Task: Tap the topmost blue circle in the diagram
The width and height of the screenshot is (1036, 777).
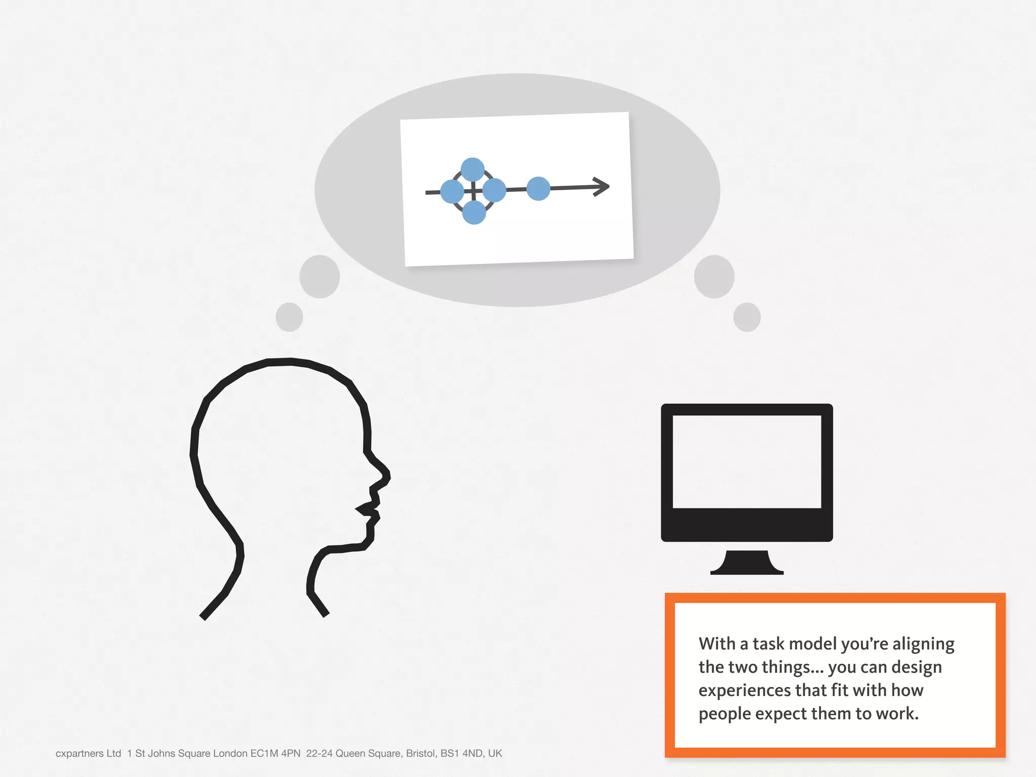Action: pyautogui.click(x=472, y=169)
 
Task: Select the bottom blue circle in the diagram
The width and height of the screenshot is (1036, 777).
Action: pyautogui.click(x=474, y=212)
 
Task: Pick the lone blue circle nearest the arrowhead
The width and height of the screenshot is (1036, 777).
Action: pyautogui.click(x=538, y=189)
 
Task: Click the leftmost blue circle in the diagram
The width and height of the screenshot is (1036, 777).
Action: pyautogui.click(x=452, y=192)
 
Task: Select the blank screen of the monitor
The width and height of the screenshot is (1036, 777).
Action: pyautogui.click(x=747, y=461)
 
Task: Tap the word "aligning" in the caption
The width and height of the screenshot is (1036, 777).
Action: pyautogui.click(x=923, y=644)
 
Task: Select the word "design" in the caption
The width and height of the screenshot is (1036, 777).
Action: pyautogui.click(x=916, y=667)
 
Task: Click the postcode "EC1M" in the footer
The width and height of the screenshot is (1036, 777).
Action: pyautogui.click(x=264, y=753)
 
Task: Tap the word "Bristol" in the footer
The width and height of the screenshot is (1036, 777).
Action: pyautogui.click(x=420, y=753)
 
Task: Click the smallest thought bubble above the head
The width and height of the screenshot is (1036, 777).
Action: pyautogui.click(x=289, y=317)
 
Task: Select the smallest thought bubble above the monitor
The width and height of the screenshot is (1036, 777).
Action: pyautogui.click(x=747, y=317)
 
